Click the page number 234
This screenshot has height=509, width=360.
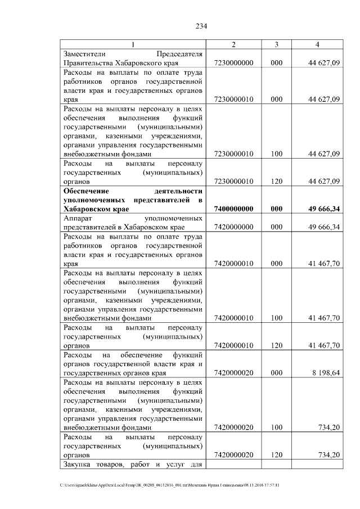(x=202, y=26)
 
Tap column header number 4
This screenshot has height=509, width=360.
(x=318, y=45)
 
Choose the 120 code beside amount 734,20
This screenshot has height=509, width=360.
(x=276, y=454)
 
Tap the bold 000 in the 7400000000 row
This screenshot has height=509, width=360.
(x=276, y=209)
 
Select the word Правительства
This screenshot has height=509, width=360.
(x=91, y=64)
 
